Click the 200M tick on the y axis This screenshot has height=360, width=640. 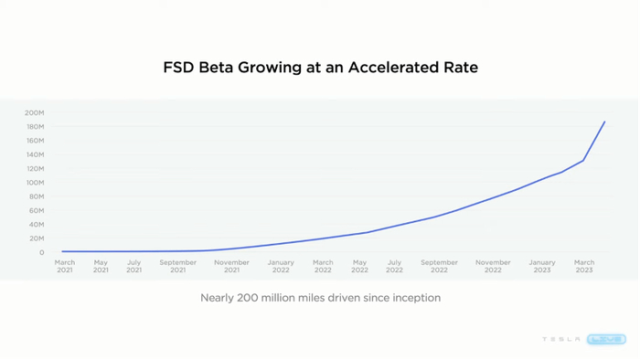coord(34,113)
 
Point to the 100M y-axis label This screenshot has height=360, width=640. coord(34,183)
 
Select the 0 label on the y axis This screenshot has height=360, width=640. coord(41,253)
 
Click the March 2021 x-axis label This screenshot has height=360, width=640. coord(65,266)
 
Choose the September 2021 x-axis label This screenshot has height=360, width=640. coord(177,266)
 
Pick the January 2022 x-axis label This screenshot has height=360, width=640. coord(281,266)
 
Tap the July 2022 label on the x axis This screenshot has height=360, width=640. coord(394,266)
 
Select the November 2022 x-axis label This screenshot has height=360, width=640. coord(493,266)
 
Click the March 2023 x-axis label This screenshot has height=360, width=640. coord(583,266)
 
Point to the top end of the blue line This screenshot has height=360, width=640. coord(604,122)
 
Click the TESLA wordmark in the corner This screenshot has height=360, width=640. coord(560,339)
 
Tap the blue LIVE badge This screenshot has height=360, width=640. coord(606,339)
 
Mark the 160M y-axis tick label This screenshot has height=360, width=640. coord(34,141)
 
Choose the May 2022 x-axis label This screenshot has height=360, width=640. coord(359,266)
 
